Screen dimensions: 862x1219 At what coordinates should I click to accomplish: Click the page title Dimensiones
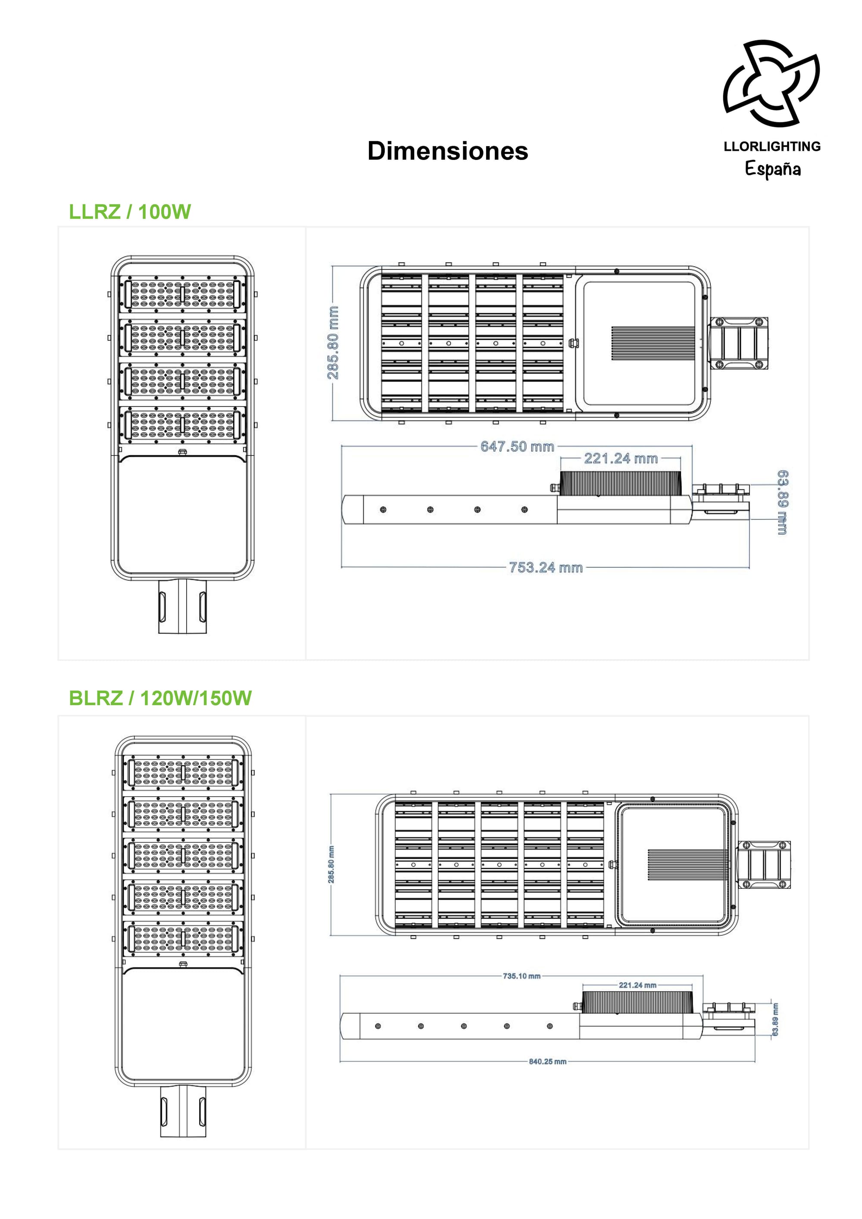coord(447,151)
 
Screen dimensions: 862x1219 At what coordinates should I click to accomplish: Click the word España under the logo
coord(773,169)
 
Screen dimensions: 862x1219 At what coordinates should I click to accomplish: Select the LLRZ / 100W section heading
coord(130,212)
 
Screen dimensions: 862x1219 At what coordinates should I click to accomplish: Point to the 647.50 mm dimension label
coord(517,447)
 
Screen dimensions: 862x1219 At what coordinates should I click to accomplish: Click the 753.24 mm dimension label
coord(546,568)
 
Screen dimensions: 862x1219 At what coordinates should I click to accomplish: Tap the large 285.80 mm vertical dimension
coord(333,342)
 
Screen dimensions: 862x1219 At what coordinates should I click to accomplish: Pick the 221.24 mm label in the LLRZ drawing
coord(621,458)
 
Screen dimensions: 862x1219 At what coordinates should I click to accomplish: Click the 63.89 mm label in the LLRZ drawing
coord(782,502)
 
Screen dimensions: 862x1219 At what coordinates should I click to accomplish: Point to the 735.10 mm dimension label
coord(522,976)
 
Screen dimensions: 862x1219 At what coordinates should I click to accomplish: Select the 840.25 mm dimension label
coord(548,1061)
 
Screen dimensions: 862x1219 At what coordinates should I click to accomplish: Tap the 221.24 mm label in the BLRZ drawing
coord(637,985)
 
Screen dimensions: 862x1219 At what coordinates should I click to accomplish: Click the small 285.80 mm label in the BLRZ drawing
coord(331,865)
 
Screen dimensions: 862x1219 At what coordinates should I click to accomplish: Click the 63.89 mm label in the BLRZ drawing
coord(775,1019)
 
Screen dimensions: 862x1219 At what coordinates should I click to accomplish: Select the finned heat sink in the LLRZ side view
coord(621,483)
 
